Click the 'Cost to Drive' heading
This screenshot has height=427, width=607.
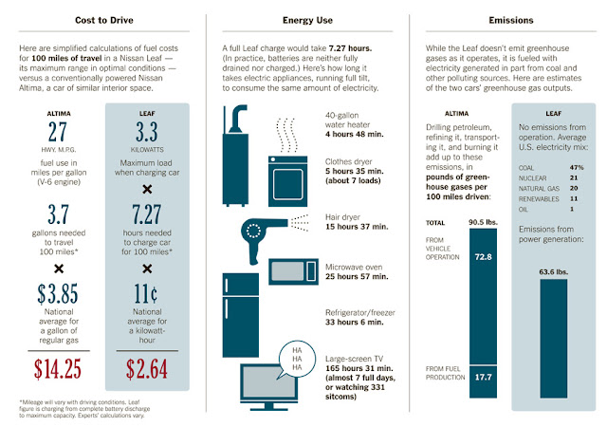pyautogui.click(x=104, y=20)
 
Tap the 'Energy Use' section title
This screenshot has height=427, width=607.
pyautogui.click(x=307, y=20)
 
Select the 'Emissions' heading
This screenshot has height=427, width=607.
pyautogui.click(x=511, y=20)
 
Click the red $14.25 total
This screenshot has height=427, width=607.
pyautogui.click(x=58, y=368)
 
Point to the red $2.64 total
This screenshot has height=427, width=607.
pyautogui.click(x=147, y=368)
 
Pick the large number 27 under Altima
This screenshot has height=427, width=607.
pyautogui.click(x=58, y=132)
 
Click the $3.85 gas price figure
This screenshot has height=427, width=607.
pyautogui.click(x=58, y=293)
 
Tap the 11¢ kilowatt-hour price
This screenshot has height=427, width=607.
pyautogui.click(x=146, y=293)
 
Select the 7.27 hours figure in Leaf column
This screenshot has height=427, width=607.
pyautogui.click(x=146, y=214)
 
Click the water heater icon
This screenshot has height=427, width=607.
pyautogui.click(x=235, y=155)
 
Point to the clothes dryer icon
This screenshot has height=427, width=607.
pyautogui.click(x=288, y=181)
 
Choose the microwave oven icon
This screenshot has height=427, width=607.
pyautogui.click(x=293, y=271)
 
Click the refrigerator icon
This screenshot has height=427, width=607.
pyautogui.click(x=240, y=315)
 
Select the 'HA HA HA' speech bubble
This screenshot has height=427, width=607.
pyautogui.click(x=297, y=360)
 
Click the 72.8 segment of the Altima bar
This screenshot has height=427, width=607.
pyautogui.click(x=483, y=296)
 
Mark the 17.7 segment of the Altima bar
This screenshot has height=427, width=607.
pyautogui.click(x=483, y=381)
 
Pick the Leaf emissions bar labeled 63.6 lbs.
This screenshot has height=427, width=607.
pyautogui.click(x=554, y=338)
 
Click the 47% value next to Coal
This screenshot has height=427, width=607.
pyautogui.click(x=577, y=167)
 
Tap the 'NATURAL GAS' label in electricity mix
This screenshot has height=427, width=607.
pyautogui.click(x=539, y=189)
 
